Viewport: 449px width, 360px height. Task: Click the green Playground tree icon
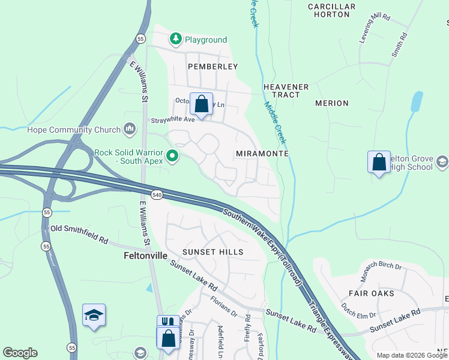pos(175,40)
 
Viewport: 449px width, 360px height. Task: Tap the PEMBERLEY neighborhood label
pos(212,67)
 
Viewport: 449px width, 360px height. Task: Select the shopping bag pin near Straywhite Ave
pos(202,104)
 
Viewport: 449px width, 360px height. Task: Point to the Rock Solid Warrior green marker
pos(173,157)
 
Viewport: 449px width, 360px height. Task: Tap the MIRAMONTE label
pos(262,154)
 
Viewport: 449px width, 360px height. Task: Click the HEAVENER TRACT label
pos(286,91)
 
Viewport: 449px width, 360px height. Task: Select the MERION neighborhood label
pos(331,103)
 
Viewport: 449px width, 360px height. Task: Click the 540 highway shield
pos(157,195)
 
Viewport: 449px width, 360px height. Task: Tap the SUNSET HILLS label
pos(214,252)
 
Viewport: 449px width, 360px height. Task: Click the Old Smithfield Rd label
pos(79,234)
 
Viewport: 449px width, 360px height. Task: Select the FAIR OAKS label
pos(372,293)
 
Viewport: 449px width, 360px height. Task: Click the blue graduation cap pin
pos(94,316)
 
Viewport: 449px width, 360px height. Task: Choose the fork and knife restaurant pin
pos(167,323)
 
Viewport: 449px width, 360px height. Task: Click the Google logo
pos(20,353)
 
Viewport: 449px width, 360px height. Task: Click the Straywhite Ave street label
pos(173,119)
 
